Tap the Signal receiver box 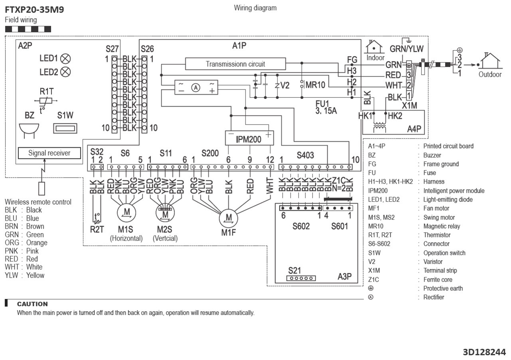(49, 153)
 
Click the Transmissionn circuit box (235, 64)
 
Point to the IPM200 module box (248, 138)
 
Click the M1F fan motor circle (229, 218)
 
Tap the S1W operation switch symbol (65, 129)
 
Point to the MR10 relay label (315, 85)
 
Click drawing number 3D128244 (484, 352)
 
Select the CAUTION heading (32, 304)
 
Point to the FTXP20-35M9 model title (34, 10)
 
